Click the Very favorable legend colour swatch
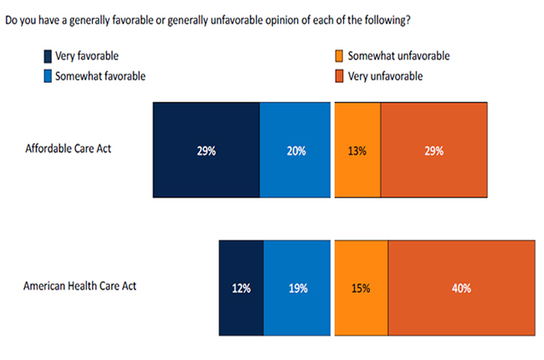(49, 57)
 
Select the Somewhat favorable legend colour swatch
(49, 75)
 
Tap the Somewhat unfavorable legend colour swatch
(339, 57)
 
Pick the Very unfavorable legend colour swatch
(339, 75)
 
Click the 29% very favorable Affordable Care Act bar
(206, 151)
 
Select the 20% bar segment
(295, 151)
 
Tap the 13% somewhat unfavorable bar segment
(357, 151)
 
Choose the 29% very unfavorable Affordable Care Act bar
(434, 151)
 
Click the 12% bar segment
(241, 288)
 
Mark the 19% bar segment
(296, 288)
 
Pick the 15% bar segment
(362, 288)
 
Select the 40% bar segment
(461, 288)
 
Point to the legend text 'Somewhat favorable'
(100, 75)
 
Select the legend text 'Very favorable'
(87, 57)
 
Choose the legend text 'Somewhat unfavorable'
(399, 57)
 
